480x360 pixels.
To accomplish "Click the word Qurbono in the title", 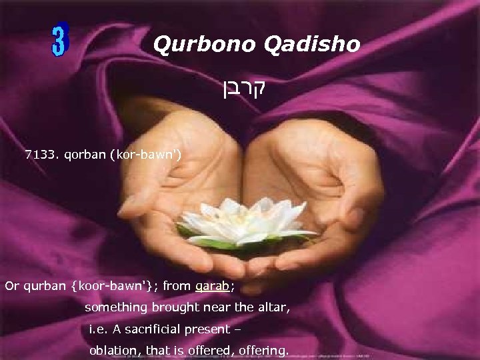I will tap(194, 45).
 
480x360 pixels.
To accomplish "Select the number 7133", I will tap(41, 155).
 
